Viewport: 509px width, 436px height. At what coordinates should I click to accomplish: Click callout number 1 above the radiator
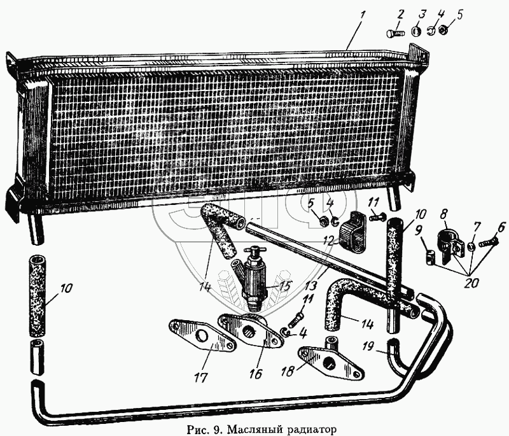pyautogui.click(x=363, y=16)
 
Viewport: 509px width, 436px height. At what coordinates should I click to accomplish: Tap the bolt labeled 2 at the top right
pyautogui.click(x=394, y=33)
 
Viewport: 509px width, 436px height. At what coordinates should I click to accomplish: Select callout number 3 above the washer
pyautogui.click(x=421, y=16)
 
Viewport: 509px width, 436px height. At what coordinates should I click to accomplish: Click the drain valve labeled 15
pyautogui.click(x=255, y=279)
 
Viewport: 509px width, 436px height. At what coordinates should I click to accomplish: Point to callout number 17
pyautogui.click(x=201, y=377)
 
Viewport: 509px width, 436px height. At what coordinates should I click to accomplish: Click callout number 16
pyautogui.click(x=256, y=374)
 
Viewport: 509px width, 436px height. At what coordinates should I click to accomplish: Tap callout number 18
pyautogui.click(x=288, y=371)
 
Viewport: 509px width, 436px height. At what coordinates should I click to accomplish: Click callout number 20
pyautogui.click(x=471, y=283)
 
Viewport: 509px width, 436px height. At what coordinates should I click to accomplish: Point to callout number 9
pyautogui.click(x=419, y=231)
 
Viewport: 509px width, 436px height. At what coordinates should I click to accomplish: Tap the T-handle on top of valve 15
pyautogui.click(x=255, y=250)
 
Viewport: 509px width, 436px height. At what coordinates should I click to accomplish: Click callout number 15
pyautogui.click(x=282, y=285)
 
